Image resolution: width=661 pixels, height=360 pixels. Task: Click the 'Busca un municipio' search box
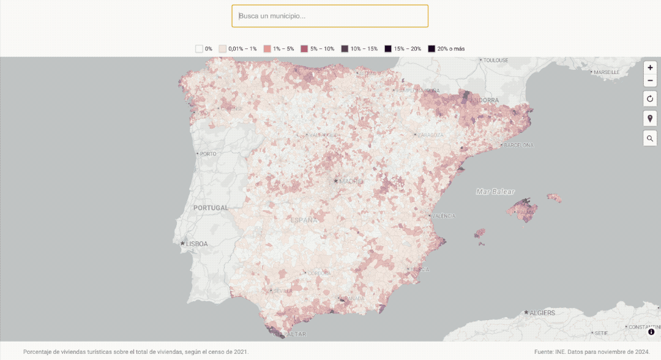pyautogui.click(x=329, y=16)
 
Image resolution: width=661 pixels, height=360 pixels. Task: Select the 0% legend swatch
pyautogui.click(x=200, y=48)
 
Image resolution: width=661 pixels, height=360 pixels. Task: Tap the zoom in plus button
pyautogui.click(x=650, y=68)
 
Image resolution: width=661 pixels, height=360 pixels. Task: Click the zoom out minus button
pyautogui.click(x=650, y=81)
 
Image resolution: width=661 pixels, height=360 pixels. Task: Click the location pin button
pyautogui.click(x=650, y=118)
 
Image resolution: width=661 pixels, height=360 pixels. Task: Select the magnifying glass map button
pyautogui.click(x=650, y=138)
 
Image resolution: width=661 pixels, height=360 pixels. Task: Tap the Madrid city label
pyautogui.click(x=351, y=181)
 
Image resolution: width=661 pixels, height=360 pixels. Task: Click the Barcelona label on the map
pyautogui.click(x=520, y=145)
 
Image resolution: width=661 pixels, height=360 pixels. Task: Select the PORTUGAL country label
pyautogui.click(x=211, y=208)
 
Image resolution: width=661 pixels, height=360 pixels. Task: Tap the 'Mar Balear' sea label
pyautogui.click(x=495, y=192)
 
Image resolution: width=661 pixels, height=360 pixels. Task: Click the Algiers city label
pyautogui.click(x=542, y=313)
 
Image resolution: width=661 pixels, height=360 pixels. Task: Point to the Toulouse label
pyautogui.click(x=496, y=60)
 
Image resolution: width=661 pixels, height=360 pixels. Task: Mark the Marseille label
pyautogui.click(x=607, y=72)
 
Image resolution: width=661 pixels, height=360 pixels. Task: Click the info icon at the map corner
pyautogui.click(x=651, y=332)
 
